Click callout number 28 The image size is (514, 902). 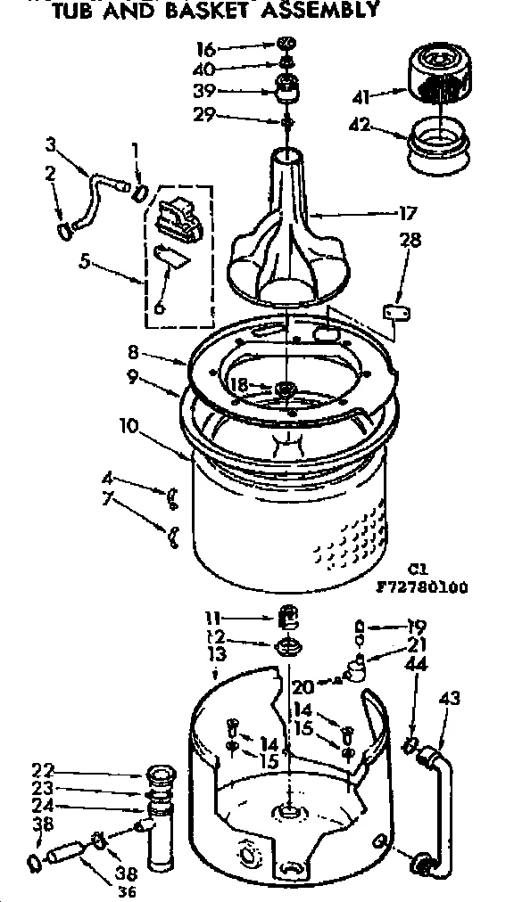(x=411, y=241)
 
